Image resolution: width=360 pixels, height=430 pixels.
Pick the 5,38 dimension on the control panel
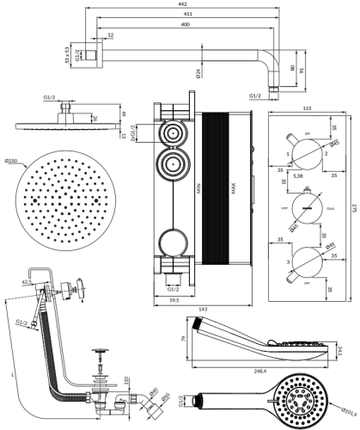299,175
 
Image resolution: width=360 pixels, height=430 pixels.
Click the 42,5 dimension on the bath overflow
27,280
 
